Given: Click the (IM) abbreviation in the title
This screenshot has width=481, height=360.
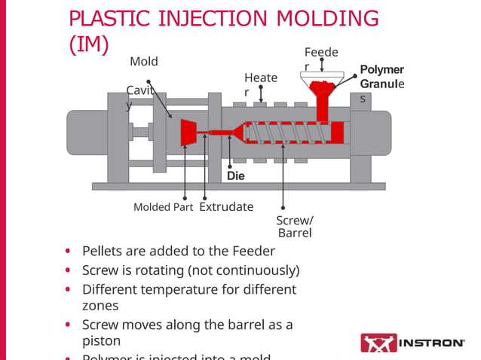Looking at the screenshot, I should point(88,45).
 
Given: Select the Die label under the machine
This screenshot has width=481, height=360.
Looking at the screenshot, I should point(236,175).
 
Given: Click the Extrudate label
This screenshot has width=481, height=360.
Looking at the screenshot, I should point(226,206).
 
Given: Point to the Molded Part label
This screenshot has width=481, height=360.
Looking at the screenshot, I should point(163,207).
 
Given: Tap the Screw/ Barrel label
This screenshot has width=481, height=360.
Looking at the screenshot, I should point(294,226).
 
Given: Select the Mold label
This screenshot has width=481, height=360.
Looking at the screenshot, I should point(144,61).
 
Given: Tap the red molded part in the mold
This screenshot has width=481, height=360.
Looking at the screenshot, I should point(187,133).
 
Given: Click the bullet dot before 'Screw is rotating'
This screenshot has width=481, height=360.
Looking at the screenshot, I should point(69,270).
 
